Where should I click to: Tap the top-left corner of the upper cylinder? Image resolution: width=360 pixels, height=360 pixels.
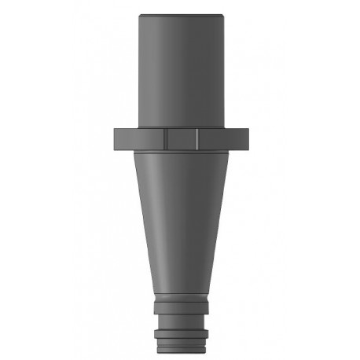coord(138,15)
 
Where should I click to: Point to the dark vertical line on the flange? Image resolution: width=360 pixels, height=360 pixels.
coord(167,138)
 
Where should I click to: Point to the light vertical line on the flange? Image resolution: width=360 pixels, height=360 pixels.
coord(197,138)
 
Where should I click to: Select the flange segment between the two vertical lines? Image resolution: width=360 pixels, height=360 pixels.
coord(182,138)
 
